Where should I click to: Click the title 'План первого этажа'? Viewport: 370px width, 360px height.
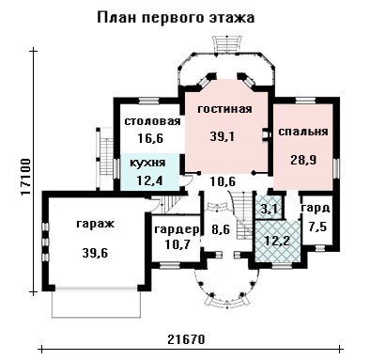click(x=176, y=18)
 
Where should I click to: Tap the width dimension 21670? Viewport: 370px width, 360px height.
click(x=186, y=339)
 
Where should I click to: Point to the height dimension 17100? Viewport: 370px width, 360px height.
click(x=25, y=178)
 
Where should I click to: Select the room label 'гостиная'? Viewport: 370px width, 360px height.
click(x=225, y=109)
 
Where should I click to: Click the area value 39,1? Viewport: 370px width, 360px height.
click(x=223, y=136)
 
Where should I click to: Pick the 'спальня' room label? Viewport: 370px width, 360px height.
click(x=303, y=132)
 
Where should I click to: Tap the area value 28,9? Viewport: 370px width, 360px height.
click(x=303, y=160)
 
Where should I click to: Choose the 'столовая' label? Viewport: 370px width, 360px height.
click(x=152, y=121)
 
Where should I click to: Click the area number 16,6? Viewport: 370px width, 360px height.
click(x=150, y=138)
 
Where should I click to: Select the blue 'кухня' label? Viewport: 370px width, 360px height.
click(x=147, y=163)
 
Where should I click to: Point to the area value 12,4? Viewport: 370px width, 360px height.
click(x=149, y=180)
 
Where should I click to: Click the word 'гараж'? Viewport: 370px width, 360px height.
click(x=96, y=225)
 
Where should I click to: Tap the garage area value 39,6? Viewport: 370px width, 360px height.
click(x=95, y=253)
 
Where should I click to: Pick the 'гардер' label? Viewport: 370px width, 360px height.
click(x=177, y=229)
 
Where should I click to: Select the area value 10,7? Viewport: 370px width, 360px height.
click(x=177, y=244)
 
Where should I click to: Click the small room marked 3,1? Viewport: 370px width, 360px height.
click(x=268, y=209)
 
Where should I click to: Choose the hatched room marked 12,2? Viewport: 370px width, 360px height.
click(x=277, y=241)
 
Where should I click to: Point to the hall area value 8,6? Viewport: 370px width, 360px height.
click(x=220, y=229)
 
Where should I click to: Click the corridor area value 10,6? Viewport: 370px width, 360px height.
click(x=223, y=181)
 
